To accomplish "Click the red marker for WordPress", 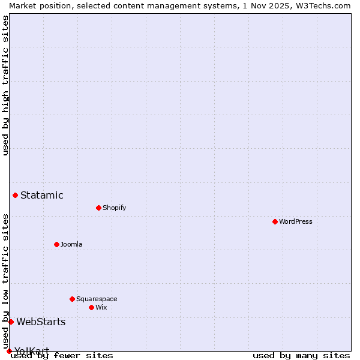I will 275,221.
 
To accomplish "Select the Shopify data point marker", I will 98,208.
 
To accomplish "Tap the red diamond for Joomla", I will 56,244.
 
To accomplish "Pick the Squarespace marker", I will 72,299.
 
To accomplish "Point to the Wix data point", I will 91,307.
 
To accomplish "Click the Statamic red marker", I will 15,195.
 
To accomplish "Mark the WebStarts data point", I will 11,322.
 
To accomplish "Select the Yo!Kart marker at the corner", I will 9,351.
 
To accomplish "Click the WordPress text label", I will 296,221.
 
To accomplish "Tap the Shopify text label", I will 115,208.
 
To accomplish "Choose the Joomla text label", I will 71,244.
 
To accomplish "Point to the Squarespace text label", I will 97,299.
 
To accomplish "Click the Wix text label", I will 101,307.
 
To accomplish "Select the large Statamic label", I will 42,195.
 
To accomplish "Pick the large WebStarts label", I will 41,322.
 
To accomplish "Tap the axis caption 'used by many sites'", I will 301,355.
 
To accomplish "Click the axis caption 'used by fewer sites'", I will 62,355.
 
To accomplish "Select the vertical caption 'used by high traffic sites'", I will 5,85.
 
